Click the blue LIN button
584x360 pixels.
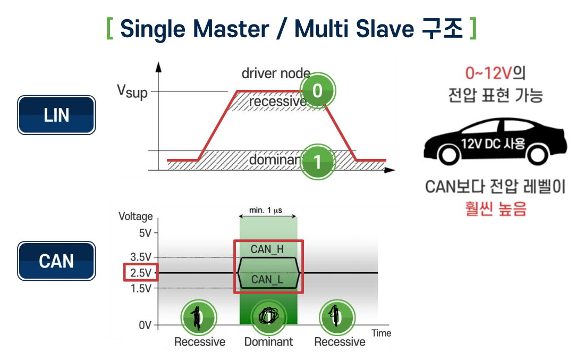click(x=56, y=115)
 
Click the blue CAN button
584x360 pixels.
click(x=56, y=261)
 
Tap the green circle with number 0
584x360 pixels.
click(x=317, y=90)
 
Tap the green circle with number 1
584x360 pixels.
click(x=318, y=161)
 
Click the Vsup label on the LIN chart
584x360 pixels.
click(x=132, y=91)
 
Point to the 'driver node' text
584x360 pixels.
click(x=276, y=73)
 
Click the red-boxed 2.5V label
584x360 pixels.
click(x=141, y=273)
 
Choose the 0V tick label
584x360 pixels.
click(x=145, y=325)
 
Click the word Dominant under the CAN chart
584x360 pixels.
click(x=268, y=342)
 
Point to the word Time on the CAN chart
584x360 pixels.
click(x=381, y=333)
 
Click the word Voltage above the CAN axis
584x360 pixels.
click(x=136, y=216)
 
